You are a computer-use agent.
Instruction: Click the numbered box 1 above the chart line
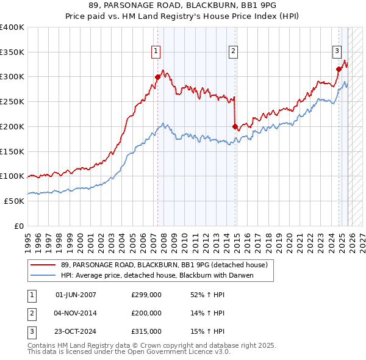click(157, 52)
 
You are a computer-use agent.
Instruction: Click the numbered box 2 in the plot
click(234, 52)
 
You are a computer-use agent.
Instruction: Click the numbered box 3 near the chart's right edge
click(336, 52)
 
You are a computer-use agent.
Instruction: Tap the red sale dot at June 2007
click(157, 77)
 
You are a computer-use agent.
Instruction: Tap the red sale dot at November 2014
click(235, 126)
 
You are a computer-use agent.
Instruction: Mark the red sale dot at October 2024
click(339, 69)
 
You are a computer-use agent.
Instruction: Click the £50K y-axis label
click(14, 201)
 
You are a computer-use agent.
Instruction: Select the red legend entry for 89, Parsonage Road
click(163, 265)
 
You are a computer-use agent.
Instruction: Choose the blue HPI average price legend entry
click(156, 275)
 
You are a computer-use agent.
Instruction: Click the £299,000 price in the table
click(146, 295)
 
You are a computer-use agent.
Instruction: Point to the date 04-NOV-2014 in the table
click(76, 313)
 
